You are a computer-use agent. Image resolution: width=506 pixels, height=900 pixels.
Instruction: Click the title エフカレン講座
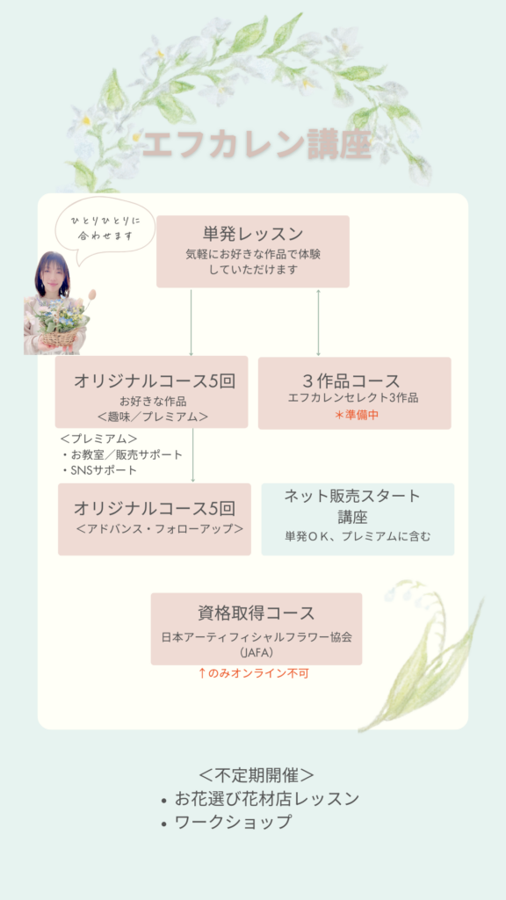[x=257, y=146]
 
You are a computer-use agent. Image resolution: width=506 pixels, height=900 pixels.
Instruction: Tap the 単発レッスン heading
[x=253, y=234]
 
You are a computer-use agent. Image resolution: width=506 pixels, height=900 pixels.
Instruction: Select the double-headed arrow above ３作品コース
[x=318, y=323]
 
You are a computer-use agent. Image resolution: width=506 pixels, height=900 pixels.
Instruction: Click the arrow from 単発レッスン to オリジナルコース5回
[x=191, y=323]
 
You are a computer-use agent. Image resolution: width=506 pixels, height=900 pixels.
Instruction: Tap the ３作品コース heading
[x=351, y=381]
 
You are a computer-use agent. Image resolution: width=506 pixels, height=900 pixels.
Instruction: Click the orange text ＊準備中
[x=357, y=415]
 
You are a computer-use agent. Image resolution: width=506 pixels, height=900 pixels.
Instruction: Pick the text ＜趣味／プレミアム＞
[x=153, y=417]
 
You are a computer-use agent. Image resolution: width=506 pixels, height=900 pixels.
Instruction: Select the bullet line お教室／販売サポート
[x=121, y=455]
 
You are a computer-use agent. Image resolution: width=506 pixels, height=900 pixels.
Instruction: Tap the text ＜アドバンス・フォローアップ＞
[x=160, y=528]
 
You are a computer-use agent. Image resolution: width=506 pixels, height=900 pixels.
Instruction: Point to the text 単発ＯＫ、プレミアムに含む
[x=358, y=537]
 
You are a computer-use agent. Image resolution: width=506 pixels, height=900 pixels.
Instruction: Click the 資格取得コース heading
[x=257, y=613]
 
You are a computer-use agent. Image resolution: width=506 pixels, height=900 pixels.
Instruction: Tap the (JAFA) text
[x=256, y=653]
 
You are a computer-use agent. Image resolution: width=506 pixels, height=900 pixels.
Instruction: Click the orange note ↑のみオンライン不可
[x=253, y=673]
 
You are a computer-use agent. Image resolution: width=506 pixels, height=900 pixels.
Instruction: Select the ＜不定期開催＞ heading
[x=256, y=775]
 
